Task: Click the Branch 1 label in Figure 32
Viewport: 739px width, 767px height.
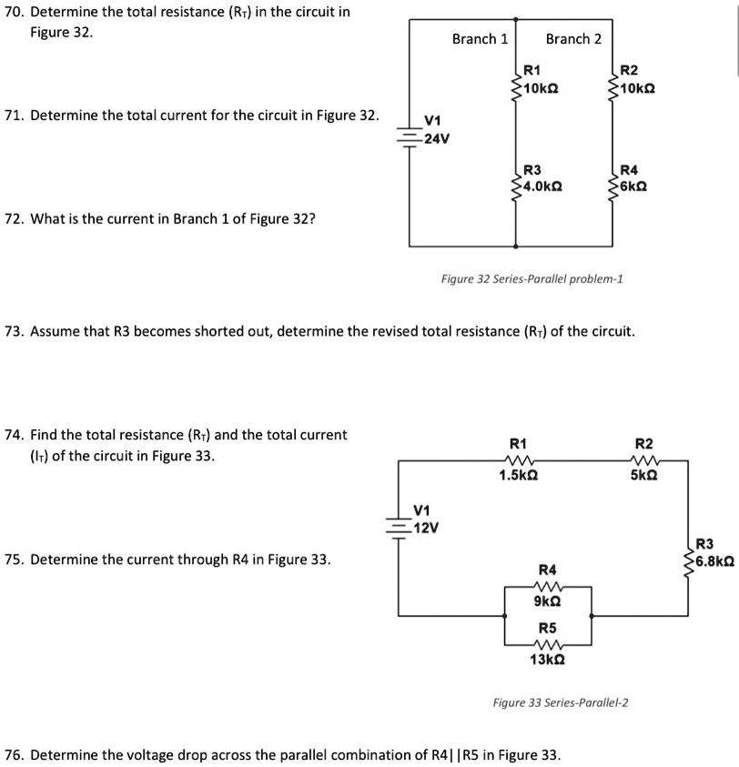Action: (x=480, y=38)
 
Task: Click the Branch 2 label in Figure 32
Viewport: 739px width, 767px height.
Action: (x=573, y=38)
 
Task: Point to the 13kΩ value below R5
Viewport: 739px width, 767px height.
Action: (x=548, y=659)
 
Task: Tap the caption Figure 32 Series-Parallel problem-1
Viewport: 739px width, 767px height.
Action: (x=531, y=278)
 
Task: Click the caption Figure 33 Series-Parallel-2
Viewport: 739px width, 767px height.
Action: (x=562, y=702)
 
